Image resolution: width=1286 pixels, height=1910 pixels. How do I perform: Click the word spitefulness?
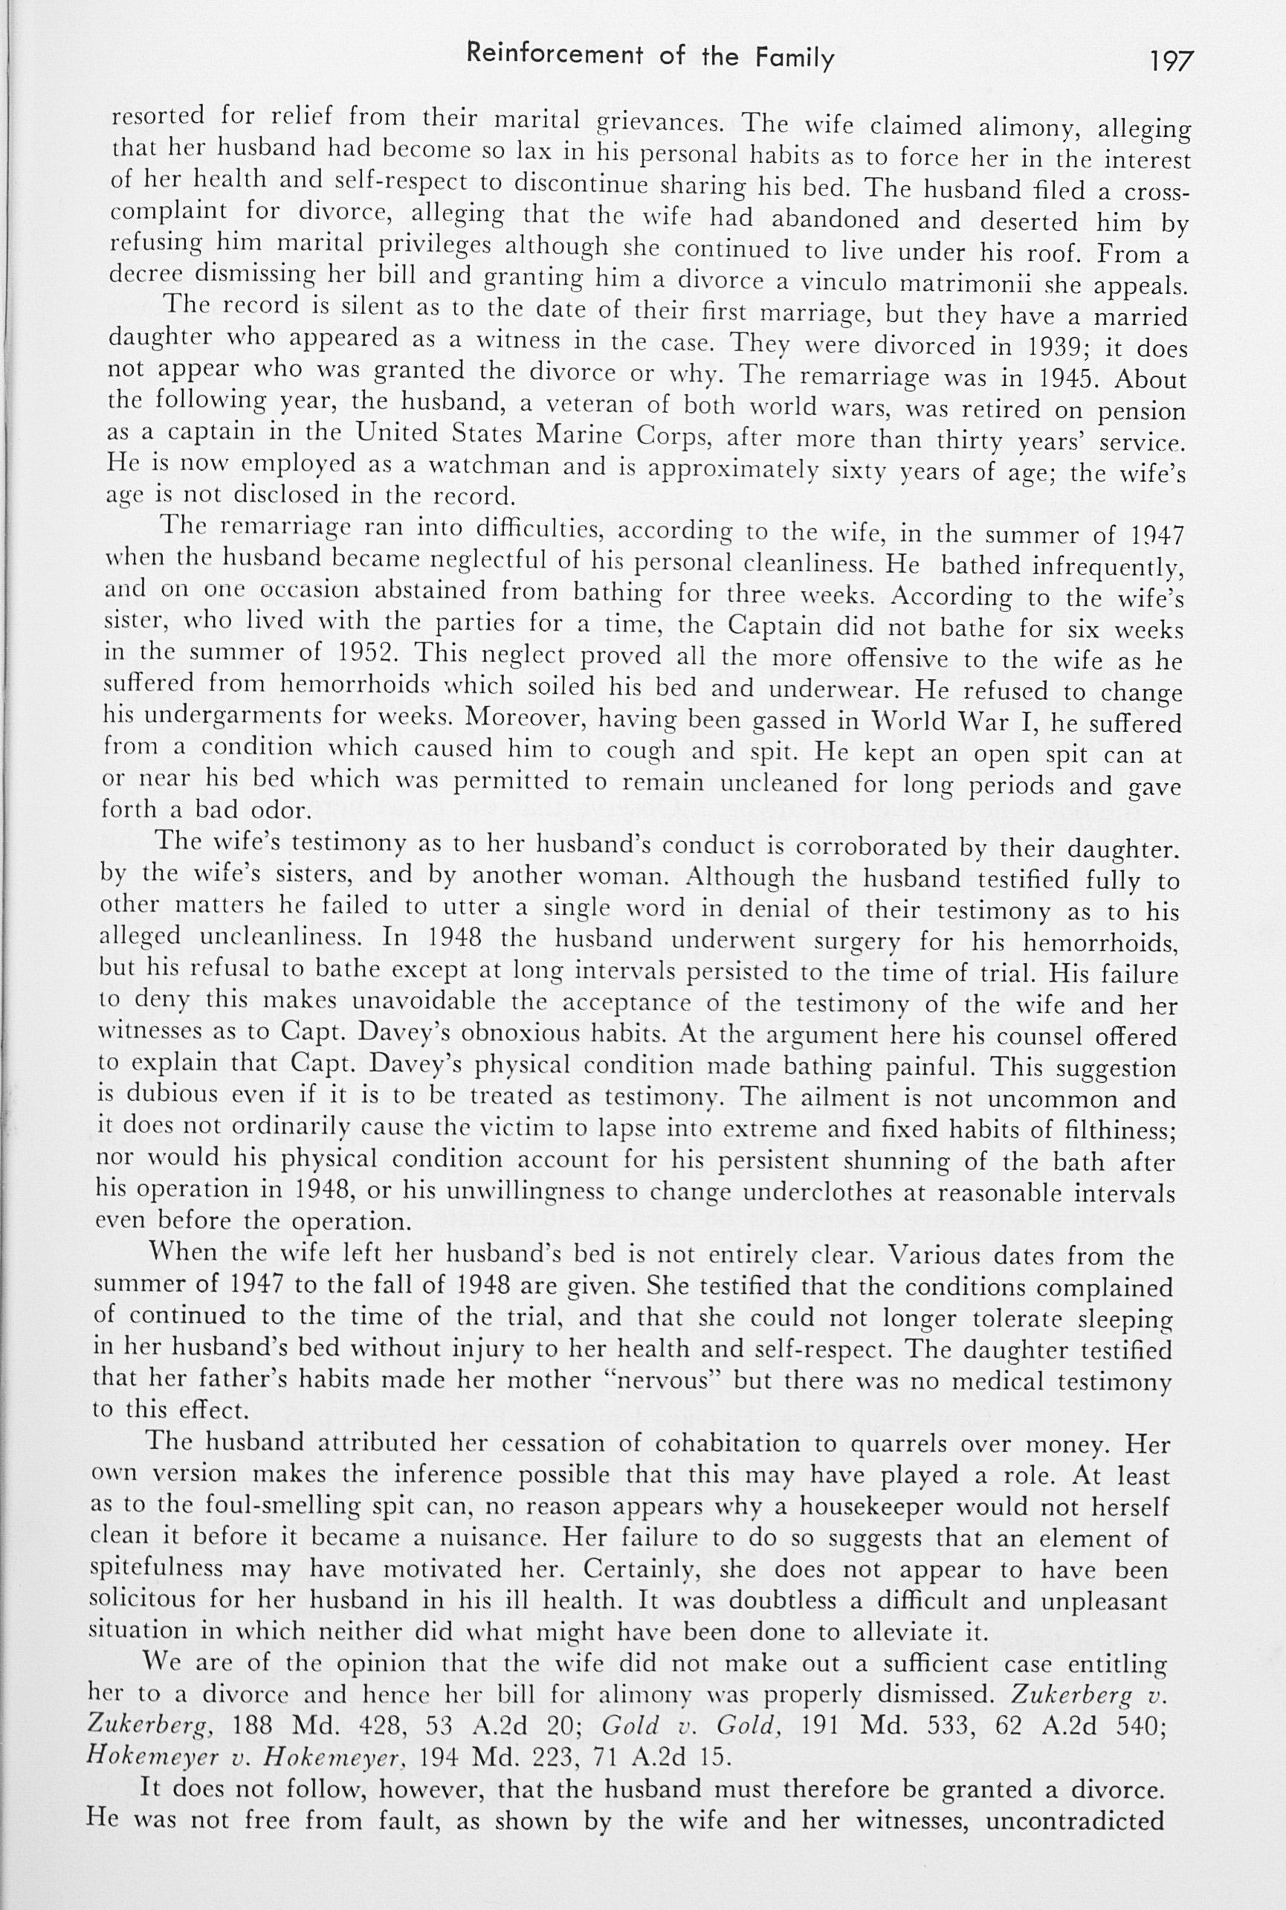[156, 1568]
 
